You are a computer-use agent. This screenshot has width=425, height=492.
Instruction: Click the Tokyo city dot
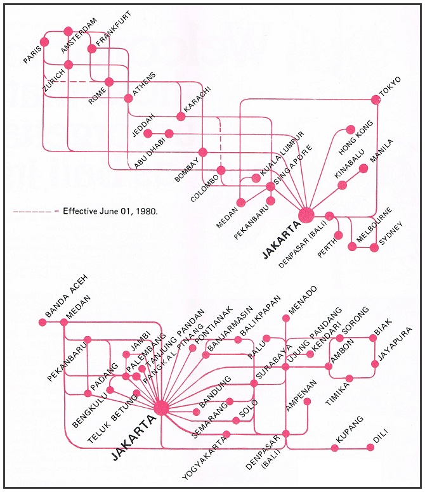point(375,99)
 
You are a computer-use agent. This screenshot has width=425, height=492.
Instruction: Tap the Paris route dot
point(44,42)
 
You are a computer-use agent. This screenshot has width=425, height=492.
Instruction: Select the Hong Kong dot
point(350,129)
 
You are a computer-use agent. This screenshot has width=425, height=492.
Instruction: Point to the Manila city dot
point(363,168)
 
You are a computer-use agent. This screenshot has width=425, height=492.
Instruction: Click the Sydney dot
point(374,248)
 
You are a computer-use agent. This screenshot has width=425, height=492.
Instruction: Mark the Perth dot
point(338,235)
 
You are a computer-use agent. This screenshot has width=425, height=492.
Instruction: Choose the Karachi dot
point(181,116)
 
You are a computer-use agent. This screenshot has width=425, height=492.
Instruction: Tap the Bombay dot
point(203,152)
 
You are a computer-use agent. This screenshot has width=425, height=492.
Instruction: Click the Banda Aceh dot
point(43,322)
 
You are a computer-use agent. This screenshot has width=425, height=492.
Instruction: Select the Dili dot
point(370,448)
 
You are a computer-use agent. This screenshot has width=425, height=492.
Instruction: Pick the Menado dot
point(285,318)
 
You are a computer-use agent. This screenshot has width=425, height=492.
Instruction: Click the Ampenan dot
point(307,401)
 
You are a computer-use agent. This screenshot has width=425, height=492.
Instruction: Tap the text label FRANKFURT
point(112,32)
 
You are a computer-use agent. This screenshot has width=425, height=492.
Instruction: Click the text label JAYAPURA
point(396,347)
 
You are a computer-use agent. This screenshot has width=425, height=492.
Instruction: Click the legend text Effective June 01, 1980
point(110,210)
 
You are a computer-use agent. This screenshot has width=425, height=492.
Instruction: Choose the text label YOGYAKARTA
point(202,455)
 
